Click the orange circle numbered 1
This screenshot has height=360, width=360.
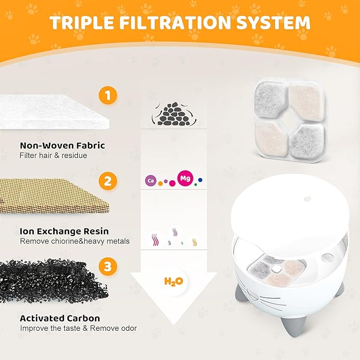pos(108,96)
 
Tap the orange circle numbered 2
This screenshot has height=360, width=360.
pos(108,181)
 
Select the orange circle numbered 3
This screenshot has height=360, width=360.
pos(108,267)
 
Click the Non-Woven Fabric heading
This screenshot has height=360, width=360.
pos(62,145)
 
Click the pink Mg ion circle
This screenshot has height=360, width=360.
pos(185,178)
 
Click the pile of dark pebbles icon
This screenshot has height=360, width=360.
pos(173,113)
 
